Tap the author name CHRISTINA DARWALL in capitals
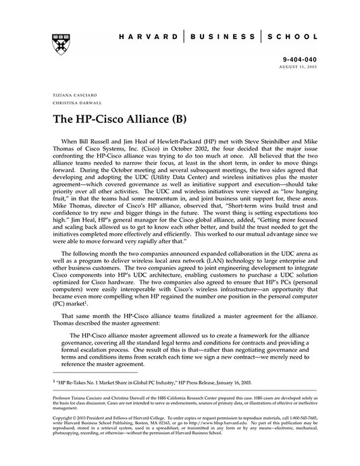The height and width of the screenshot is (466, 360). (74, 103)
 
